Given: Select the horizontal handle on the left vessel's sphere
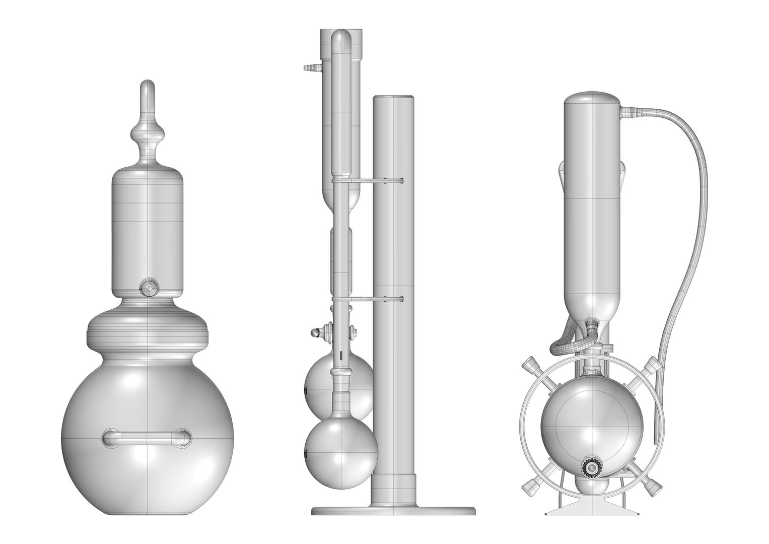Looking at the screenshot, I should (x=147, y=438).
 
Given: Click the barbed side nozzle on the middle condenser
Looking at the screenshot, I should (x=309, y=67).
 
